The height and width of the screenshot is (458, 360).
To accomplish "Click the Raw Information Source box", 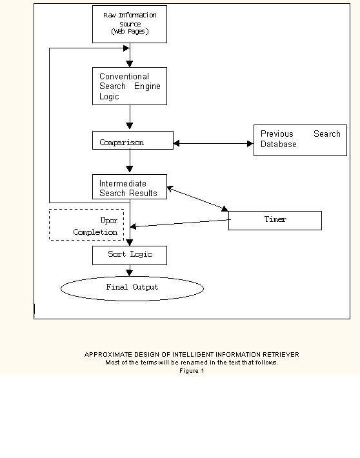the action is (130, 25).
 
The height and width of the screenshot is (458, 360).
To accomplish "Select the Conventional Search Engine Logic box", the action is (130, 86).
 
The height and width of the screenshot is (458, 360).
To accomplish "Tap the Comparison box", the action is (133, 141).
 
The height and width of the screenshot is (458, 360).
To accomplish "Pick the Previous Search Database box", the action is (301, 140).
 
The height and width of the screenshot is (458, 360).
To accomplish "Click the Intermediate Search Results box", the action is (130, 187).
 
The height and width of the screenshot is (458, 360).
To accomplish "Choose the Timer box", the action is (275, 221).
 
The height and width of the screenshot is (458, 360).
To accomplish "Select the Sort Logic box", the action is (130, 255).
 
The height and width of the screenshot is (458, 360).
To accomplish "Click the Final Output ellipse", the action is (132, 288).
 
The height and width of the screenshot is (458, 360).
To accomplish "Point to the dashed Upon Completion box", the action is (86, 210).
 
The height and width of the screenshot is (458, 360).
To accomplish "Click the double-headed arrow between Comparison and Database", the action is (214, 143).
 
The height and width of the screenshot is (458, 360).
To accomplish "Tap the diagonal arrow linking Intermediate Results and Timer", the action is (197, 198).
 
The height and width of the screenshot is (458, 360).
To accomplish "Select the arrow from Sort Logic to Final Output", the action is (130, 270).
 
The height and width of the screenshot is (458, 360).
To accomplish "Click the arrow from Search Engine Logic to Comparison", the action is (130, 117).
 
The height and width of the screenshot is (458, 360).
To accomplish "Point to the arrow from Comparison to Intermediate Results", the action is (130, 161).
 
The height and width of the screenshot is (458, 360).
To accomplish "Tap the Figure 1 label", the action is (192, 371).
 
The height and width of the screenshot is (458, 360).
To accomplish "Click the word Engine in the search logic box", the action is (147, 86).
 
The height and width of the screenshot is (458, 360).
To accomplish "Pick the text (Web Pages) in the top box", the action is (130, 32).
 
